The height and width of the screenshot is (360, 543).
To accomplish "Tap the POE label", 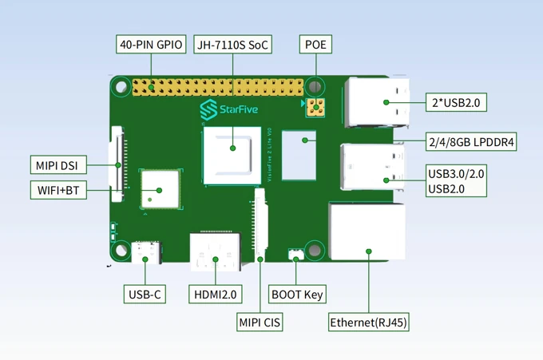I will [315, 44].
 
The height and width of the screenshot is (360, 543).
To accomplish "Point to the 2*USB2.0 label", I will [458, 102].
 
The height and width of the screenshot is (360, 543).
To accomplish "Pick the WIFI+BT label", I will [58, 190].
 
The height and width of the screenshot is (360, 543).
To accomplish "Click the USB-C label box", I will [145, 295].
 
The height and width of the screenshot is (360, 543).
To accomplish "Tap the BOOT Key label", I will [296, 295].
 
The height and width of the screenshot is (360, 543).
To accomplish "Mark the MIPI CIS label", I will [260, 322].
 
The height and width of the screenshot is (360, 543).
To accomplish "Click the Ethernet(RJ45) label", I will [369, 322].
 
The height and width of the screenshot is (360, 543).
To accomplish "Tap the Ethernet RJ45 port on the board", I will [367, 231].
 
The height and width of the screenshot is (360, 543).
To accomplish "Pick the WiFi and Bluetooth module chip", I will [158, 190].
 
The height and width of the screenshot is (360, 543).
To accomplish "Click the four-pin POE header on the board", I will [316, 107].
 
